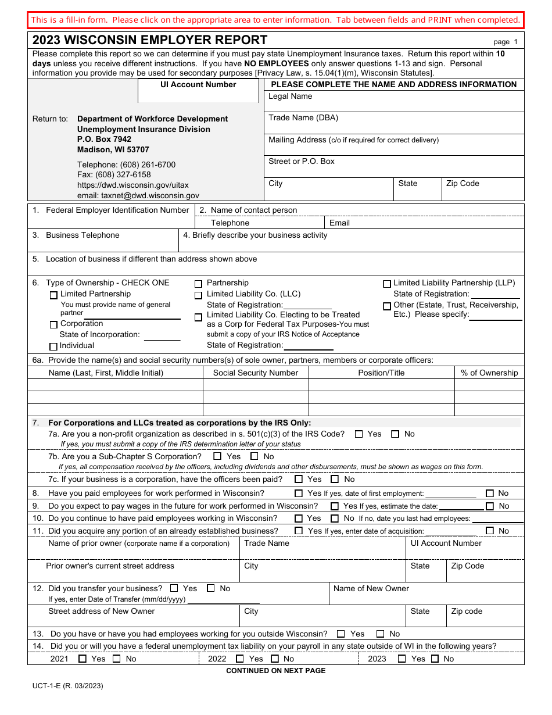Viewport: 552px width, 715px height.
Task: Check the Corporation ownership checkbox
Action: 54,325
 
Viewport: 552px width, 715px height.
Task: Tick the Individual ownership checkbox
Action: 54,347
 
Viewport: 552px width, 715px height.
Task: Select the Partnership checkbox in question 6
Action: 198,284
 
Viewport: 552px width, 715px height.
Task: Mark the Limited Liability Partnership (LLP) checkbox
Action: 387,284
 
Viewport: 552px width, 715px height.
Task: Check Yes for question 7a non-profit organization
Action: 359,434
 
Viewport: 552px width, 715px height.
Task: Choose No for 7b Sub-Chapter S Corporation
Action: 255,457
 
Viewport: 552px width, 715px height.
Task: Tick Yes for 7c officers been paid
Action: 299,480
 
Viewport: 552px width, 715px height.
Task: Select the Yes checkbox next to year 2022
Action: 240,659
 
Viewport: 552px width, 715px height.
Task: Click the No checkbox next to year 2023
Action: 435,659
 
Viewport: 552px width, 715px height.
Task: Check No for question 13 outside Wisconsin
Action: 381,634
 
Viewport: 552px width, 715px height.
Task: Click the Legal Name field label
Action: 290,96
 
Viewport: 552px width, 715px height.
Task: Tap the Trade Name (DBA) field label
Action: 303,118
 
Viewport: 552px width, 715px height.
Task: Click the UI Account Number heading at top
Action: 198,85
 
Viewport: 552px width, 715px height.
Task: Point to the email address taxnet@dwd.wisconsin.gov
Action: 138,196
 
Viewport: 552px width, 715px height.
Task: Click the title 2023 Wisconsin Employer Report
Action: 150,40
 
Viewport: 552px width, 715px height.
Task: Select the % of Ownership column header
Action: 489,373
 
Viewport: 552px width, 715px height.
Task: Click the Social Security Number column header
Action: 255,373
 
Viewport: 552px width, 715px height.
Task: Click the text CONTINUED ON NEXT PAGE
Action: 275,671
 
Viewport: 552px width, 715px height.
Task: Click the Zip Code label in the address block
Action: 463,184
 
